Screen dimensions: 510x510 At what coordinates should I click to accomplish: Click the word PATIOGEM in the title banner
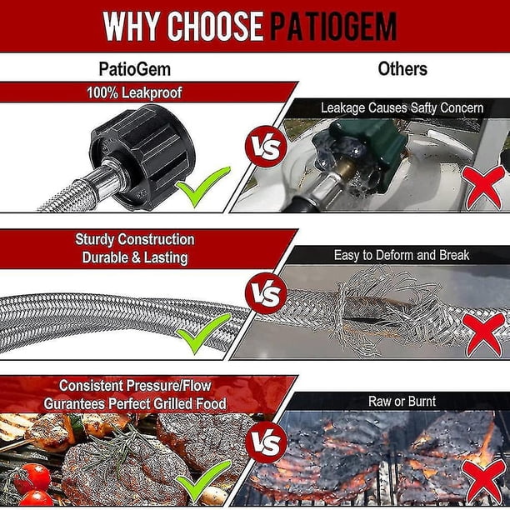333,27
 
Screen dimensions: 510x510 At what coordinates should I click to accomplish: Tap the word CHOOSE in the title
215,27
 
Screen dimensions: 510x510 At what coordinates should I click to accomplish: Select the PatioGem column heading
135,69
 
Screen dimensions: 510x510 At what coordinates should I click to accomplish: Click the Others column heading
402,69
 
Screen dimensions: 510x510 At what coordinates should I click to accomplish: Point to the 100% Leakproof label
134,92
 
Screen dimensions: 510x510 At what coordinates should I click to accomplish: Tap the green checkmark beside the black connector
203,186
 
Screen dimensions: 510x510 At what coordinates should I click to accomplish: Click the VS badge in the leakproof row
266,146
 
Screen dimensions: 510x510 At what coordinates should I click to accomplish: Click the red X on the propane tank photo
483,187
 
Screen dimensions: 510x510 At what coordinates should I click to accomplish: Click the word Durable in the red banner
105,257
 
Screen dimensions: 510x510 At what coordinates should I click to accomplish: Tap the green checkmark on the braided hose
203,333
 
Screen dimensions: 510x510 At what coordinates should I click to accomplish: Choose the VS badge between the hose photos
266,293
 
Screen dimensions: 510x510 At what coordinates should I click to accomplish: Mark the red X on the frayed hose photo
483,335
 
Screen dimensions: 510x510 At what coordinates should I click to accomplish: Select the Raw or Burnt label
402,402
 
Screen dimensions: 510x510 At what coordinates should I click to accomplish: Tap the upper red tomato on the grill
32,478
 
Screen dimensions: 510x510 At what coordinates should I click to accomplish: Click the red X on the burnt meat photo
483,482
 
